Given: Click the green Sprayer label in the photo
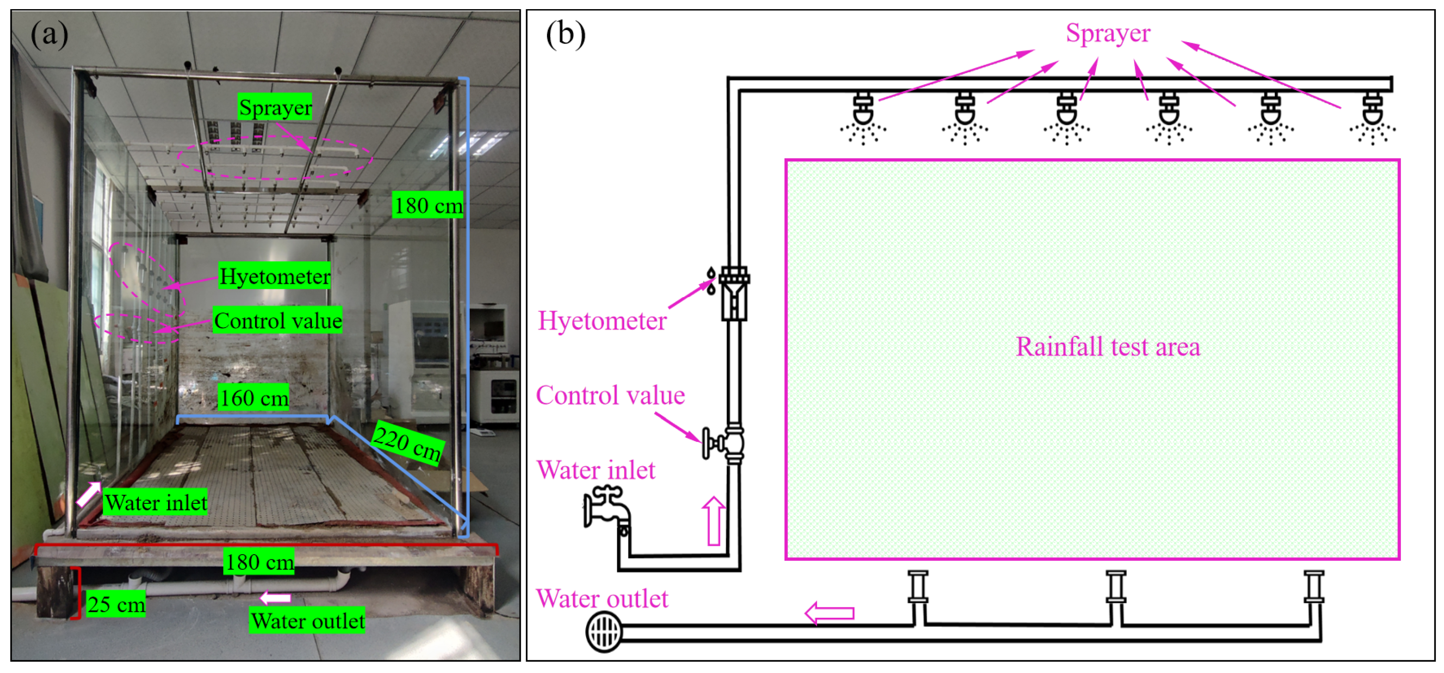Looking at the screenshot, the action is tap(275, 107).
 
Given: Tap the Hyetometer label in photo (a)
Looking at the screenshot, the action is tap(275, 276).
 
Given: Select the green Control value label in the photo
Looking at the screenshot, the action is tap(278, 320).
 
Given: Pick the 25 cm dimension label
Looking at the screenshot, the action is tap(116, 604).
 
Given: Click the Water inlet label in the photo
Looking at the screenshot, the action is tap(155, 502).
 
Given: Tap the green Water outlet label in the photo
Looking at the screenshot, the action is tap(307, 620).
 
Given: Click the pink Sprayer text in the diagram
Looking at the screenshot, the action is tap(1108, 33).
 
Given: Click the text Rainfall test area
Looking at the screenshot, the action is tap(1108, 346).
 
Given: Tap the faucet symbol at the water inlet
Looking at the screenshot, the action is tap(607, 509).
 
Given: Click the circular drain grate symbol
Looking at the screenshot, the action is tap(604, 632).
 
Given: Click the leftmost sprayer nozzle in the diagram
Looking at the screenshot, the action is tap(863, 119).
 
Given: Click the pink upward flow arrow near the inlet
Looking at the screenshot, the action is tap(714, 521).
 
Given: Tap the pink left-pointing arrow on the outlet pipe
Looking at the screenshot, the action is tap(829, 613).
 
